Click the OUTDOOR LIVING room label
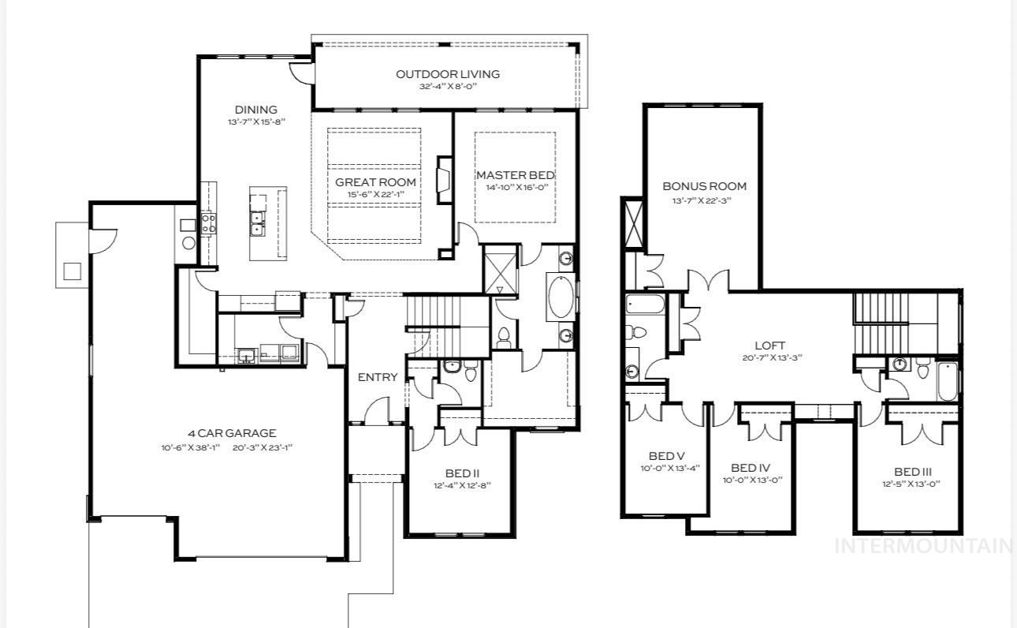[447, 74]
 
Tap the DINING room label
[255, 110]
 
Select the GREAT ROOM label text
[375, 182]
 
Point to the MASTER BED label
[515, 175]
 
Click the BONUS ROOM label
[704, 186]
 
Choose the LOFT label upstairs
[769, 346]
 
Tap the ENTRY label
[378, 377]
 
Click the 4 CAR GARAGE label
[232, 433]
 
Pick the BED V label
[666, 456]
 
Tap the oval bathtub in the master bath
[561, 297]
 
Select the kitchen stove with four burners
[209, 223]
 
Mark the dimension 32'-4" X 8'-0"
[447, 86]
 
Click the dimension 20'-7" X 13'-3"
[769, 357]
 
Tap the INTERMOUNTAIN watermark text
[923, 545]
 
